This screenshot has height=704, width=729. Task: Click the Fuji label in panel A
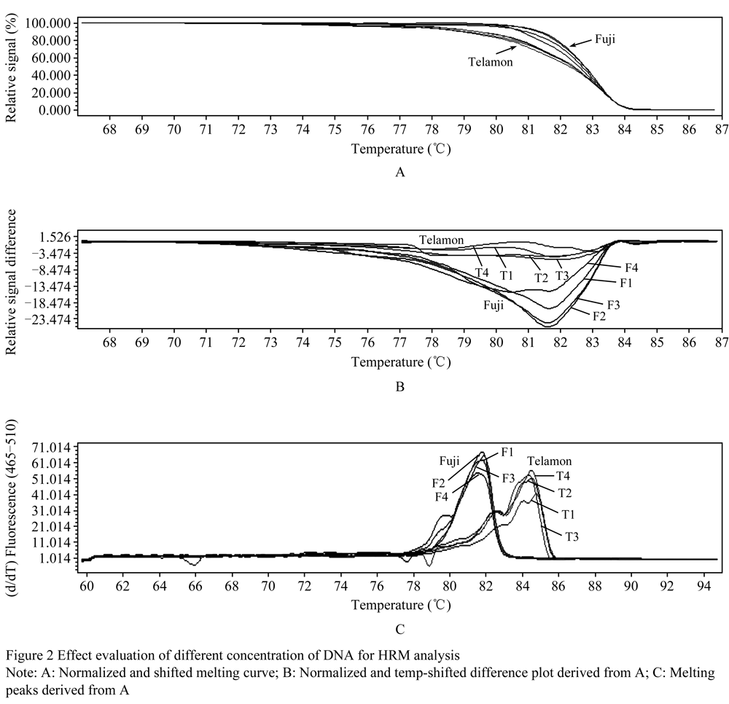pos(605,39)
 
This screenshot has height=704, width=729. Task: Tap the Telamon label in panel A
pos(490,62)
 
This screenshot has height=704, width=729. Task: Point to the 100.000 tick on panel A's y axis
pos(48,23)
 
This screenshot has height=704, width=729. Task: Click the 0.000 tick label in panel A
pos(55,110)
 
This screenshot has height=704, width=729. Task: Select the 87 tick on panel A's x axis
pos(722,130)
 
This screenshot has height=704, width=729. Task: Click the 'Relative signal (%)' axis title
pos(11,68)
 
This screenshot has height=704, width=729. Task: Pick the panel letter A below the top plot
pos(399,173)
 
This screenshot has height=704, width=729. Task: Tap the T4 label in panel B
pos(482,273)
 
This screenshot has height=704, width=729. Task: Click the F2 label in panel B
pos(599,316)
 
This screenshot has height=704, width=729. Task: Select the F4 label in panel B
pos(631,267)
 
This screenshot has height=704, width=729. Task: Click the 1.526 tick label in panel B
pos(55,238)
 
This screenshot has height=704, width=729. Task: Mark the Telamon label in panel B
pos(441,240)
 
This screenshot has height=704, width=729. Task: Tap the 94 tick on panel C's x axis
pos(704,587)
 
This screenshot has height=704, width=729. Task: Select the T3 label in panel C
pos(572,537)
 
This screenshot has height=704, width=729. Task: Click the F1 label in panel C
pos(507,452)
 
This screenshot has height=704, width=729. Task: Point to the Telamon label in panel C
pos(549,461)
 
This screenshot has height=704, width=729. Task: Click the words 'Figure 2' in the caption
pos(30,656)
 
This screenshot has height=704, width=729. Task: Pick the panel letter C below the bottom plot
pos(399,630)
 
